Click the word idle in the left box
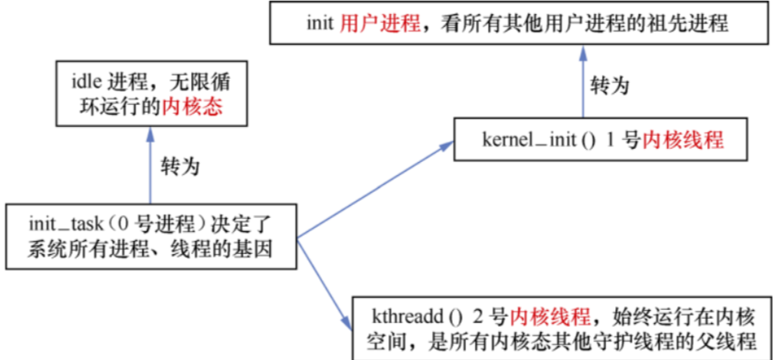coord(85,83)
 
